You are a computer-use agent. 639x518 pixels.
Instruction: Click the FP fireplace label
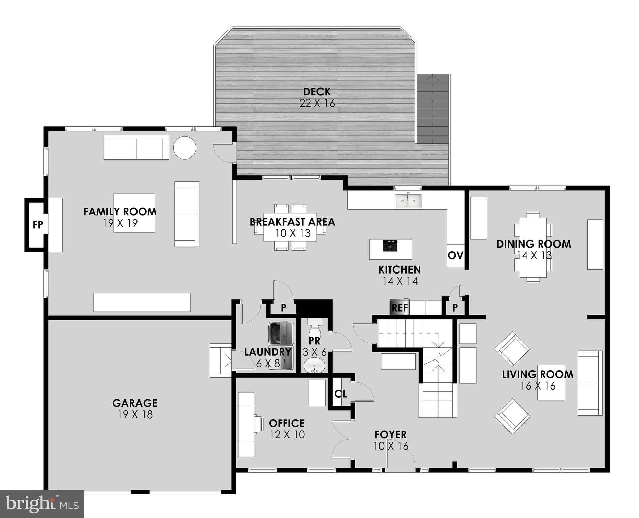pos(38,225)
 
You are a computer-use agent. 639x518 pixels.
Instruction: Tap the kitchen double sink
pos(408,201)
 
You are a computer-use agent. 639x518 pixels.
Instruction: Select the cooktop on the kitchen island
pos(390,246)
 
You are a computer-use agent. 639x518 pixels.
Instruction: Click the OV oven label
pos(456,255)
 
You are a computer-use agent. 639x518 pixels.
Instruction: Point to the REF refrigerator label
pos(400,308)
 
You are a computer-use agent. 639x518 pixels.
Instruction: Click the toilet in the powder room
pos(315,325)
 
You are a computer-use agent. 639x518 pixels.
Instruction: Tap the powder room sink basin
pos(314,366)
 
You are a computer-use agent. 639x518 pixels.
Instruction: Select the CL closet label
pos(341,394)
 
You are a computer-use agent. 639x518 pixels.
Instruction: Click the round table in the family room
pos(185,147)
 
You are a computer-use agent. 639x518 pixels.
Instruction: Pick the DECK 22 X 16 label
pos(317,97)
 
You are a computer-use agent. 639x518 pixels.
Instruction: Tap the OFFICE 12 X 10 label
pos(287,429)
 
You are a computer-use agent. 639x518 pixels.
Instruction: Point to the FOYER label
pos(391,435)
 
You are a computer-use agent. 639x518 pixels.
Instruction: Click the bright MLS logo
pos(42,504)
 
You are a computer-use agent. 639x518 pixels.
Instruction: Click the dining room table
pos(533,247)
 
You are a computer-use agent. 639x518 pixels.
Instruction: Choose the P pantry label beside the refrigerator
pos(455,308)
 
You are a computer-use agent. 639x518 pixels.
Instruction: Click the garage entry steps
pos(220,360)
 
